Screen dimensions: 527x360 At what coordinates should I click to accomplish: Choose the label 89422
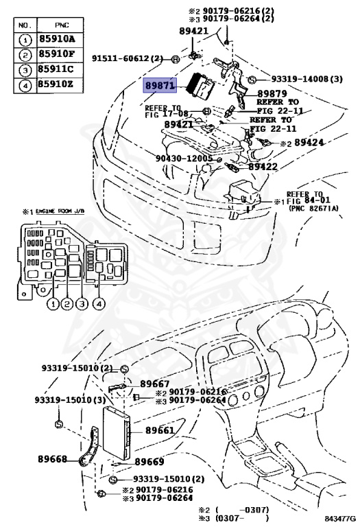point(262,167)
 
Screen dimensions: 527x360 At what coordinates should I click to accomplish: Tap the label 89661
point(159,431)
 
